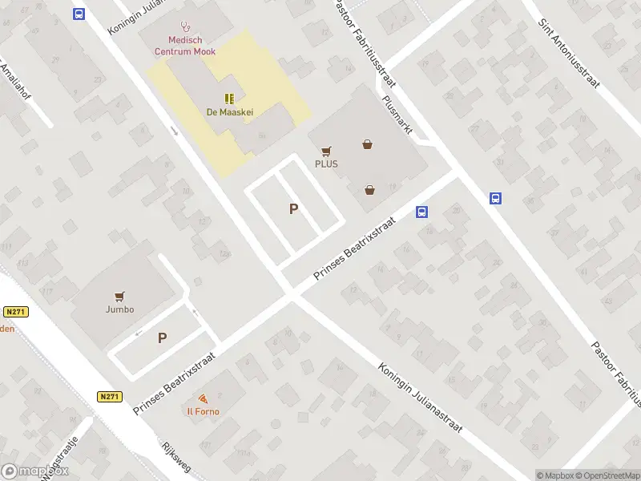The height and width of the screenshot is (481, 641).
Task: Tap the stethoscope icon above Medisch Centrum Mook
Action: coord(185,26)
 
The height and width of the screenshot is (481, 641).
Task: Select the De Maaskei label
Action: coord(229,112)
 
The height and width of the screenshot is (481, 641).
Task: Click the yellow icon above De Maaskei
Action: coord(230,99)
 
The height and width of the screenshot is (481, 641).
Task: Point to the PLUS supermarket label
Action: coord(326,164)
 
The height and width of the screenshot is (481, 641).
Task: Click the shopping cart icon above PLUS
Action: coord(326,150)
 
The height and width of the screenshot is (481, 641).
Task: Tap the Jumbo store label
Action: coord(119,309)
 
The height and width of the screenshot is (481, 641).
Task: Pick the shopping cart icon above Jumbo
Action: coord(119,295)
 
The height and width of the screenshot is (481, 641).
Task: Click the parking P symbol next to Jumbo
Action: coord(162,338)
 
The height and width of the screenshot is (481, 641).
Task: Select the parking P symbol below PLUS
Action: coord(294,209)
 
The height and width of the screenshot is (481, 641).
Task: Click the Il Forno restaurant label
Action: coord(204,411)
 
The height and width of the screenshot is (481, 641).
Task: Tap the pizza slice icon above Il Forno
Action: coord(204,398)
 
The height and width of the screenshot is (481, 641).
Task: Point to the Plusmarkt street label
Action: coord(397,114)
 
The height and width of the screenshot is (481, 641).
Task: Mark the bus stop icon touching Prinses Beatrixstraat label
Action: coord(421,212)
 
